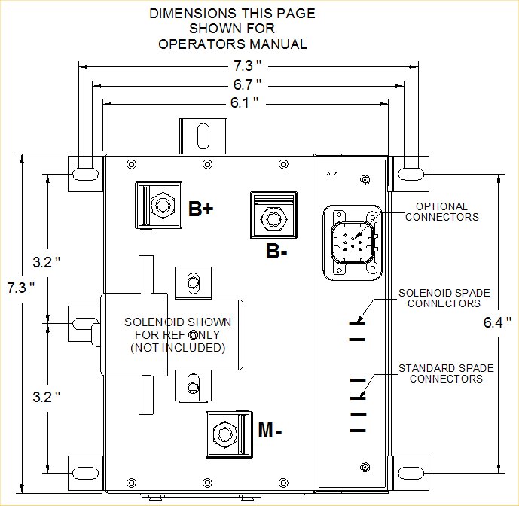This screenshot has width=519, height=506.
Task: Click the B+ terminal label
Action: pos(201,209)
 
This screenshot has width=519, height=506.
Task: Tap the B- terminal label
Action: pos(276,251)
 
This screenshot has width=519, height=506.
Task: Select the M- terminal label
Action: pos(270,430)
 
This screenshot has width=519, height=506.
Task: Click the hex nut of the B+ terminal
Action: pos(163,206)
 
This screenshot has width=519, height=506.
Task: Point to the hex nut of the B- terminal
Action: pos(273,219)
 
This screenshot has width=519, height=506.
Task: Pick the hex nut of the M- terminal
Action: pos(225,434)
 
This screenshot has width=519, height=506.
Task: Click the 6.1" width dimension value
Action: pos(244,103)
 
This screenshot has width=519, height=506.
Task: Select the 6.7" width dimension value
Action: pos(247,85)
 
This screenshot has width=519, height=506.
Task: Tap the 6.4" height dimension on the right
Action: pos(497,322)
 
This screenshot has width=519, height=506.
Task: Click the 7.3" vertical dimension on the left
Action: pos(21,288)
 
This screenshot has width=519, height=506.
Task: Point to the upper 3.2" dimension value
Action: pos(47,262)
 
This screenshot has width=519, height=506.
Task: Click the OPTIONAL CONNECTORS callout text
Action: pos(442,212)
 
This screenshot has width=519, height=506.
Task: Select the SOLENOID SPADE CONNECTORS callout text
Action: pos(444,298)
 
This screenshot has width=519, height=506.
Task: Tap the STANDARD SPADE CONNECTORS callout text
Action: pos(446,373)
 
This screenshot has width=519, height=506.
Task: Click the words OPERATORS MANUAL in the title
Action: pos(233,44)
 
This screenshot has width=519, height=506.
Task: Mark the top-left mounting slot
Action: pos(85,174)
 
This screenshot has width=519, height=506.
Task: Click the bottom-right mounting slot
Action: pos(411,473)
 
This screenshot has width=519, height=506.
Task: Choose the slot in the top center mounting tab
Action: pos(203,136)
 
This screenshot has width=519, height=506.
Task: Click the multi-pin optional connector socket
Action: pos(353,242)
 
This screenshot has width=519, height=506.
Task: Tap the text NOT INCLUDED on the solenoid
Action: pos(178,348)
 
